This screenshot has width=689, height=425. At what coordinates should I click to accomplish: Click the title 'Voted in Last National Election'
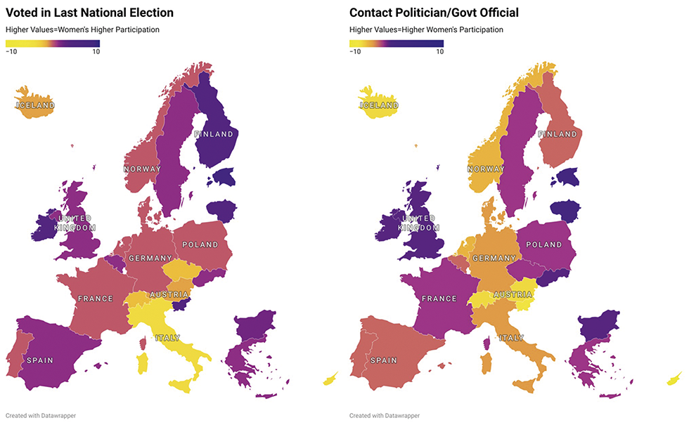(x=89, y=13)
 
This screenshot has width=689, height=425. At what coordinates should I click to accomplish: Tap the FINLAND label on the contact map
(x=558, y=134)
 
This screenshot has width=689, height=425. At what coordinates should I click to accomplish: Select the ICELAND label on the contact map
(x=380, y=105)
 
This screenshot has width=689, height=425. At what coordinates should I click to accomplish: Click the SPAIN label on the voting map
(x=39, y=360)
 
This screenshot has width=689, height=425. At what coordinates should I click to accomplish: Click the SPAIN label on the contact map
(x=384, y=360)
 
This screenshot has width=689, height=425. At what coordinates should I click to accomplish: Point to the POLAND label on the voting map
(x=200, y=244)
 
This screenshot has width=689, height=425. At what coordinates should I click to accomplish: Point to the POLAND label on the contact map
(x=544, y=244)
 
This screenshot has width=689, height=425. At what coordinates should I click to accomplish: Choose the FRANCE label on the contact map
(x=439, y=299)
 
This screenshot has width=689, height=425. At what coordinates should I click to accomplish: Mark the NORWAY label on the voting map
(x=142, y=169)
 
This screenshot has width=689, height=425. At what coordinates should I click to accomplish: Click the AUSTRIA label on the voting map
(x=168, y=294)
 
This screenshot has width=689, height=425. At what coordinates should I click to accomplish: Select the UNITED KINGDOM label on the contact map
(x=420, y=223)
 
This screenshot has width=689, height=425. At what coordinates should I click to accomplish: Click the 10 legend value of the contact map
(x=439, y=51)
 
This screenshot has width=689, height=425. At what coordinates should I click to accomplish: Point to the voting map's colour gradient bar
(x=53, y=43)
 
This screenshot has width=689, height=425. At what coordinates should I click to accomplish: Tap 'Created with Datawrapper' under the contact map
(x=385, y=415)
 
